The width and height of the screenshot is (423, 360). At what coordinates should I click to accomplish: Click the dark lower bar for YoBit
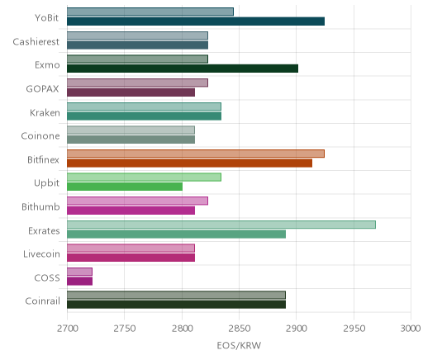click(x=196, y=21)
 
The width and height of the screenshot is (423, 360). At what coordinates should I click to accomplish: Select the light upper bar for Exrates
click(x=221, y=225)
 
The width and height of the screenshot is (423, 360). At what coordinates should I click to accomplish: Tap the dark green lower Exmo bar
click(x=183, y=69)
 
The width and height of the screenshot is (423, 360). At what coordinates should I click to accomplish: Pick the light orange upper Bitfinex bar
click(x=196, y=154)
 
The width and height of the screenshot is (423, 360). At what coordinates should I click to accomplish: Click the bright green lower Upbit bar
click(x=125, y=187)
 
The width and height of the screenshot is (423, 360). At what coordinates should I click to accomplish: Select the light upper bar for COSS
click(x=79, y=272)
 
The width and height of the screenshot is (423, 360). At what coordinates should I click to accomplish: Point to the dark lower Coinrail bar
click(x=176, y=305)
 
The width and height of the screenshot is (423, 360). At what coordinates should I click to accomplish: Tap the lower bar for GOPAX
click(x=131, y=92)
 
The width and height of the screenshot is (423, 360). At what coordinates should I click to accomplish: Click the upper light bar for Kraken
click(x=144, y=107)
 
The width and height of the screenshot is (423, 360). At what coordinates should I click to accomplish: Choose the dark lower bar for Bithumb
click(x=131, y=211)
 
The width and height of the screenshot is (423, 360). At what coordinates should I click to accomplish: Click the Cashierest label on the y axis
click(x=36, y=42)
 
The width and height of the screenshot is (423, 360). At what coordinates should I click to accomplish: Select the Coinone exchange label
click(x=40, y=136)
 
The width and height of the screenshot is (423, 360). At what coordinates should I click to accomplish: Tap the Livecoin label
click(x=41, y=253)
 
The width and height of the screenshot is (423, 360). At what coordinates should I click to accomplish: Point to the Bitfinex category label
click(x=43, y=159)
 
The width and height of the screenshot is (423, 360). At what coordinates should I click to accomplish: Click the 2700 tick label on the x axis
click(x=68, y=329)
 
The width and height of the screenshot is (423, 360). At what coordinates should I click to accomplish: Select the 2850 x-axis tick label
click(x=239, y=329)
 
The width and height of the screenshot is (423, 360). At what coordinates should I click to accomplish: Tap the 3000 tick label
click(x=411, y=329)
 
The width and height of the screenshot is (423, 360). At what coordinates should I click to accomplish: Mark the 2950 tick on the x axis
click(x=354, y=329)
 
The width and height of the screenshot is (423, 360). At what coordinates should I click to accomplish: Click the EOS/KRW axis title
click(x=239, y=345)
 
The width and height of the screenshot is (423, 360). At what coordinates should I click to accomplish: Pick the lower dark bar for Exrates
click(x=176, y=234)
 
